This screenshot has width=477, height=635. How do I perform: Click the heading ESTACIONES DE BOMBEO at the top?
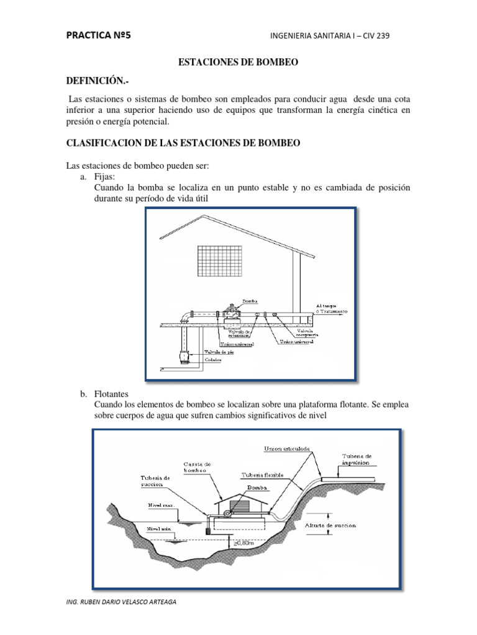(238, 63)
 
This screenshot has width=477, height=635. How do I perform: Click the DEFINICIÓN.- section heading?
(98, 82)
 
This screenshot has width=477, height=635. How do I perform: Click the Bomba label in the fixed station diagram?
(250, 301)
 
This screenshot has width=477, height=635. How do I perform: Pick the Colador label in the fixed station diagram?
(215, 359)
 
